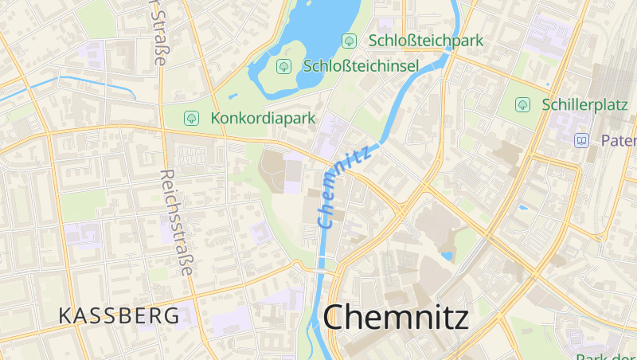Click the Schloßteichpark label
pos(426,40)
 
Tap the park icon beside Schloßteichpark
pos(349,40)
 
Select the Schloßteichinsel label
pos(361,65)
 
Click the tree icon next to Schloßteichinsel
pos(283,65)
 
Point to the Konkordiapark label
pos(264,118)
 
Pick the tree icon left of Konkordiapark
pos(191,118)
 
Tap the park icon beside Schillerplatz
pos(523,104)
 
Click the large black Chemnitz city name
pos(396,316)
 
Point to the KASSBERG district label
pos(119,315)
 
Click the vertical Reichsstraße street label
pos(176,223)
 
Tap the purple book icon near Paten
pos(582,140)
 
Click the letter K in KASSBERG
pos(65,315)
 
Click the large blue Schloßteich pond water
pos(318,24)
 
